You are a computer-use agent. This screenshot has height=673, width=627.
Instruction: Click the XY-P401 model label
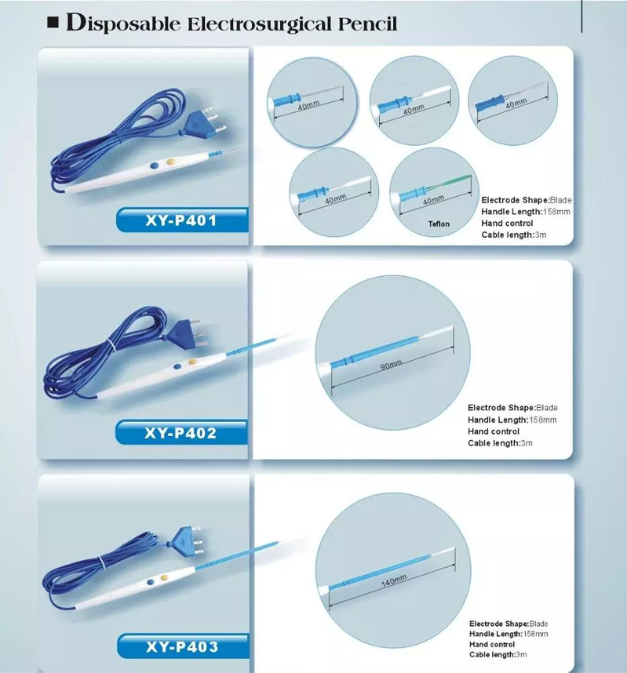tap(181, 220)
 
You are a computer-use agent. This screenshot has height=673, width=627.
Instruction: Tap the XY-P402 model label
tap(180, 433)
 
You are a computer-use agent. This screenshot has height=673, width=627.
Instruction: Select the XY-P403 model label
tap(182, 646)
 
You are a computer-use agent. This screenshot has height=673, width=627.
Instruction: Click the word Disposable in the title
tap(123, 24)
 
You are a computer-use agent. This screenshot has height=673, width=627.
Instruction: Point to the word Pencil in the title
tap(367, 24)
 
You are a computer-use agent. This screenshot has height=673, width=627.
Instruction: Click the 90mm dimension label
tap(392, 365)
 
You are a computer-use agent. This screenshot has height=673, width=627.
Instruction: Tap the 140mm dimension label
tap(394, 580)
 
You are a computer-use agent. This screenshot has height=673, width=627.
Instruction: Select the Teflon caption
tap(439, 224)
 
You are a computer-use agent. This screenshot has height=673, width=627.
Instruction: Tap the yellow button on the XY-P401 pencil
tap(171, 162)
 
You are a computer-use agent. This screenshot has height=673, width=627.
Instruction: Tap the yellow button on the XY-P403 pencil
tap(164, 578)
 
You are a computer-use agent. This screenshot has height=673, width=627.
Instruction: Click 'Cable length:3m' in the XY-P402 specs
tap(501, 443)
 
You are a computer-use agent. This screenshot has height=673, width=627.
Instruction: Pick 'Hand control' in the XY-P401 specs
tap(507, 224)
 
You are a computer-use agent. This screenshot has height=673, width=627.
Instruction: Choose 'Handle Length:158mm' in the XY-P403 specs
tap(509, 634)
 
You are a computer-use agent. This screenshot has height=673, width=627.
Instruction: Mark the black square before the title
tap(53, 22)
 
